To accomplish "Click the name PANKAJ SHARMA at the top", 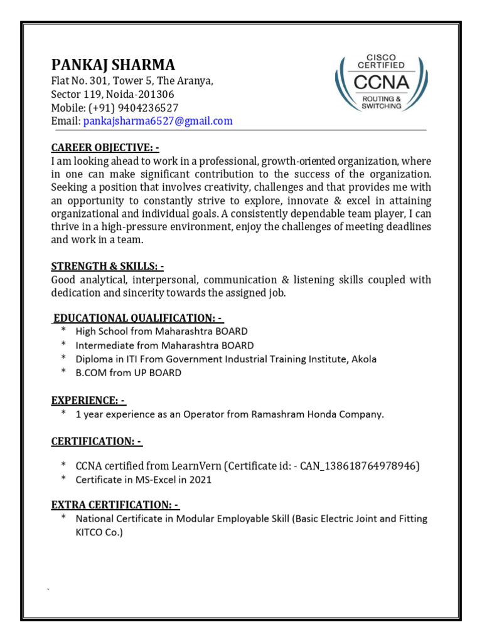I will [x=113, y=65].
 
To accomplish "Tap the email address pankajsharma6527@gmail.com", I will [x=158, y=121].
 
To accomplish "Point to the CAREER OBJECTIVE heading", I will [x=105, y=147].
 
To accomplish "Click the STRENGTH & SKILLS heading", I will [x=107, y=266].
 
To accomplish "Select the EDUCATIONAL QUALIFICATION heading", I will [x=139, y=318].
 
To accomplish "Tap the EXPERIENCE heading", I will [x=88, y=400].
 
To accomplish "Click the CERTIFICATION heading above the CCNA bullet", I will [x=97, y=441].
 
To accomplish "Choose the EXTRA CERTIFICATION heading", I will [x=115, y=505].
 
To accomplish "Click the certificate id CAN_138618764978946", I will [x=360, y=466].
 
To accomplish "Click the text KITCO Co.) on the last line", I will [x=99, y=532].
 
